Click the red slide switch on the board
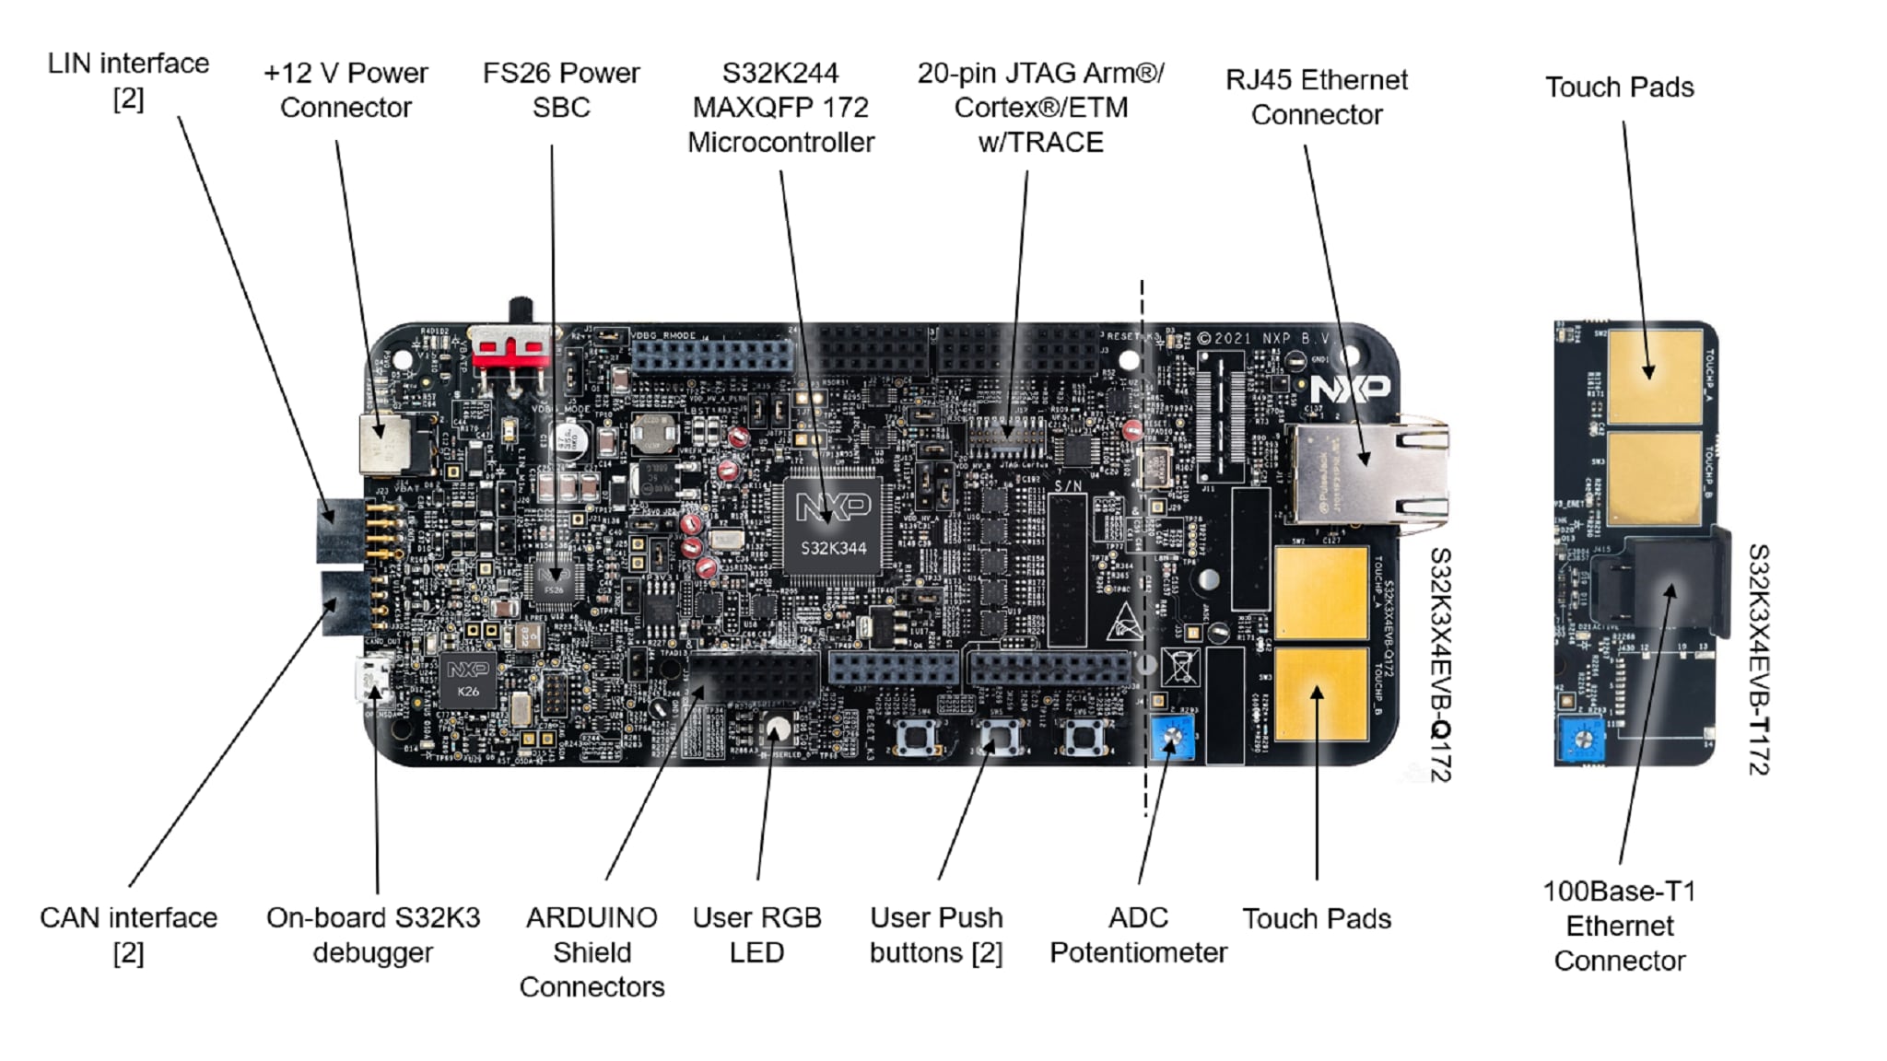click(x=510, y=349)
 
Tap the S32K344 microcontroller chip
click(x=832, y=530)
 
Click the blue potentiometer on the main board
click(x=1173, y=737)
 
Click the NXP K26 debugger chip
click(x=468, y=681)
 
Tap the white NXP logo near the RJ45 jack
click(x=1350, y=388)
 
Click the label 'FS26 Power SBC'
click(x=560, y=89)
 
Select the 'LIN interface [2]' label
click(x=128, y=80)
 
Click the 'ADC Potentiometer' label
click(x=1138, y=934)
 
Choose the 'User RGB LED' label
click(x=756, y=934)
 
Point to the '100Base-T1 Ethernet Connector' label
click(x=1619, y=925)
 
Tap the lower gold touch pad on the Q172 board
click(x=1319, y=693)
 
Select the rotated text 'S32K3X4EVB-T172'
click(x=1758, y=659)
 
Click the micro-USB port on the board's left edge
click(x=373, y=680)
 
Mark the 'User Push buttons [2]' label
click(x=936, y=934)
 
